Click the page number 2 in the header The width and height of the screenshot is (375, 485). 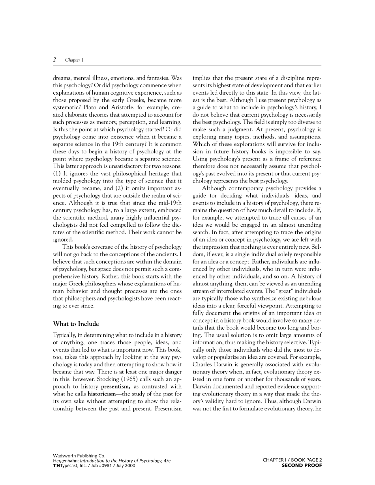[x=54, y=60]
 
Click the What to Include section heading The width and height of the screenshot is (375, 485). [x=76, y=324]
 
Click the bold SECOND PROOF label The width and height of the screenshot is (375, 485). [x=302, y=465]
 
